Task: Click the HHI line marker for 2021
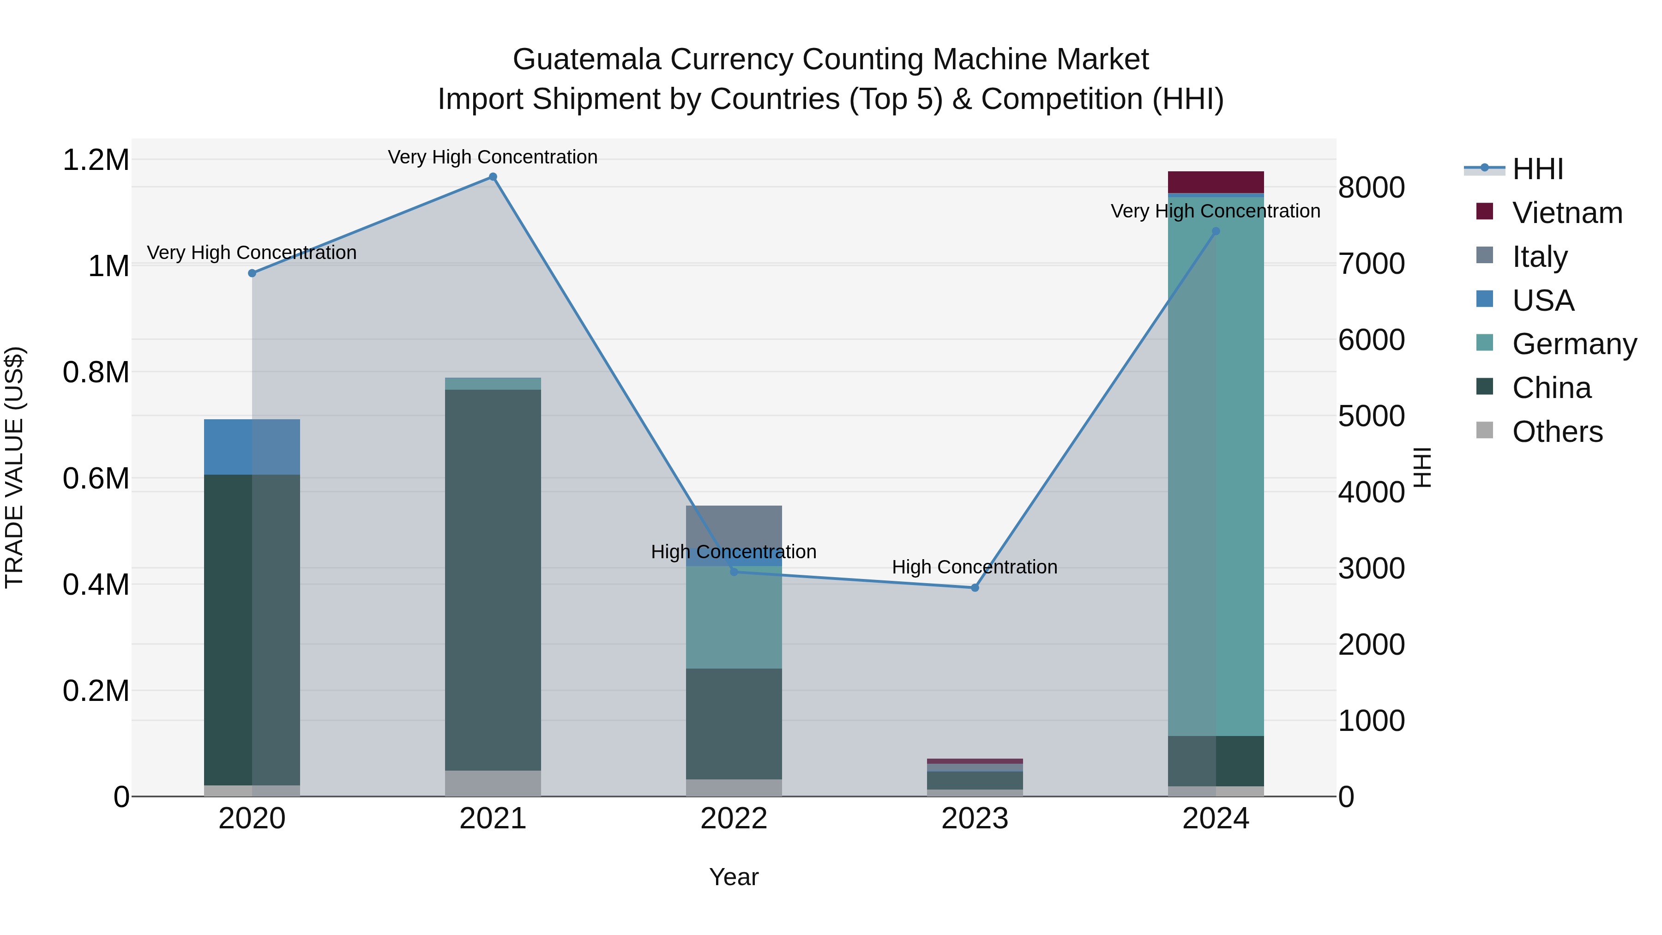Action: (x=493, y=177)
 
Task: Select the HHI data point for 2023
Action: (x=975, y=588)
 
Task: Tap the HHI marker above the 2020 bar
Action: (x=252, y=274)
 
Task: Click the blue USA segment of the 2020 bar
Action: (x=252, y=447)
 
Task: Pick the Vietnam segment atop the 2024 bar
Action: (x=1216, y=182)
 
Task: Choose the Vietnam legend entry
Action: (x=1566, y=213)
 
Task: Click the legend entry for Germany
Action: (x=1574, y=344)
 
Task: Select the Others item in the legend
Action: (x=1557, y=432)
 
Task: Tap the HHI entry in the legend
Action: (x=1537, y=169)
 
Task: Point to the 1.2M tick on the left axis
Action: (x=96, y=160)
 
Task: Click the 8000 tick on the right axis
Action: (x=1372, y=188)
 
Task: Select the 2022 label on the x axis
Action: (x=734, y=819)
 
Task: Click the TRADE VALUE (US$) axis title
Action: (x=14, y=467)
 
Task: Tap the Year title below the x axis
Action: (x=734, y=877)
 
